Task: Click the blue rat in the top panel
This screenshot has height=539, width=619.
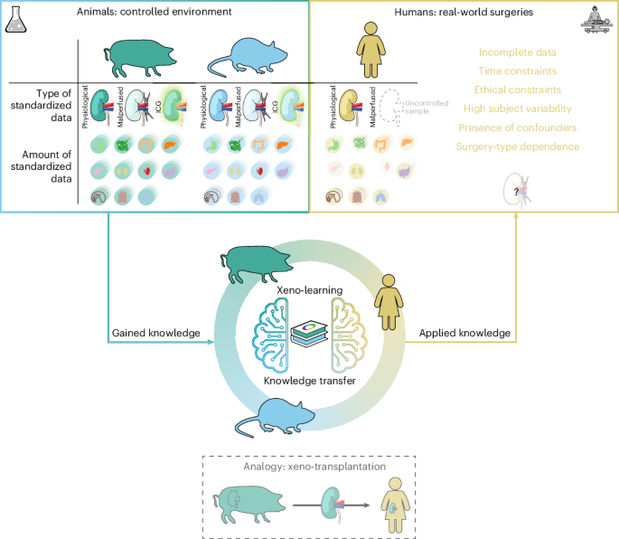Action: point(250,57)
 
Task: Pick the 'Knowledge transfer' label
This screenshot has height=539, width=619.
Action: point(310,380)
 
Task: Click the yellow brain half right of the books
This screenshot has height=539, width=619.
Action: point(343,336)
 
